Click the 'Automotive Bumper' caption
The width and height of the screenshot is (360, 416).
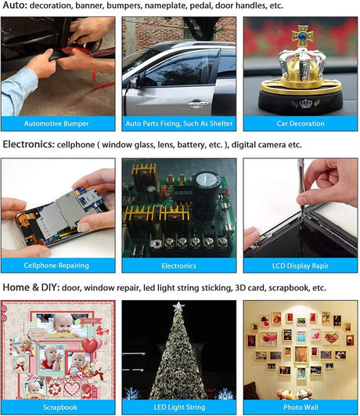coord(56,124)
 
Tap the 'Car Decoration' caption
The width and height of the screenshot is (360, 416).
coord(301,124)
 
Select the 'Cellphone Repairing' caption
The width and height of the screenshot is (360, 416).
coord(56,266)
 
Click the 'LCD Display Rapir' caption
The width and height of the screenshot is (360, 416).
coord(301,266)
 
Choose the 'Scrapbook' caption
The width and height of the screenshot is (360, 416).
coord(60,407)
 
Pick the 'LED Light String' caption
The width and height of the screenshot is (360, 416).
coord(179,407)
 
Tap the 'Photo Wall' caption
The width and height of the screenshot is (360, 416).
coord(301,407)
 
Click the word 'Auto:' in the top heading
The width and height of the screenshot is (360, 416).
coord(15,5)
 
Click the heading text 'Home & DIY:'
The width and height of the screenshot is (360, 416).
coord(31,288)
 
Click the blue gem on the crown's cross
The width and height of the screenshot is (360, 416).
coord(302,36)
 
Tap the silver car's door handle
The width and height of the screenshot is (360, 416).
coord(197,103)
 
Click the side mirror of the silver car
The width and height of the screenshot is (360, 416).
coord(135,81)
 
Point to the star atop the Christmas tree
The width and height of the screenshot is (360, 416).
coord(178,306)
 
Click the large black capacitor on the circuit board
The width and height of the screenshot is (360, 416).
coord(207,196)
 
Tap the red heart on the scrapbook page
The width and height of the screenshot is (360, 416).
coord(89,345)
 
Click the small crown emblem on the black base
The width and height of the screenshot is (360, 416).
coord(305,103)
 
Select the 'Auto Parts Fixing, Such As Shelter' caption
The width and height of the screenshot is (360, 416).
coord(179,124)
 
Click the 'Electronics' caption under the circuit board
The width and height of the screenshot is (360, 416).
coord(179,266)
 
